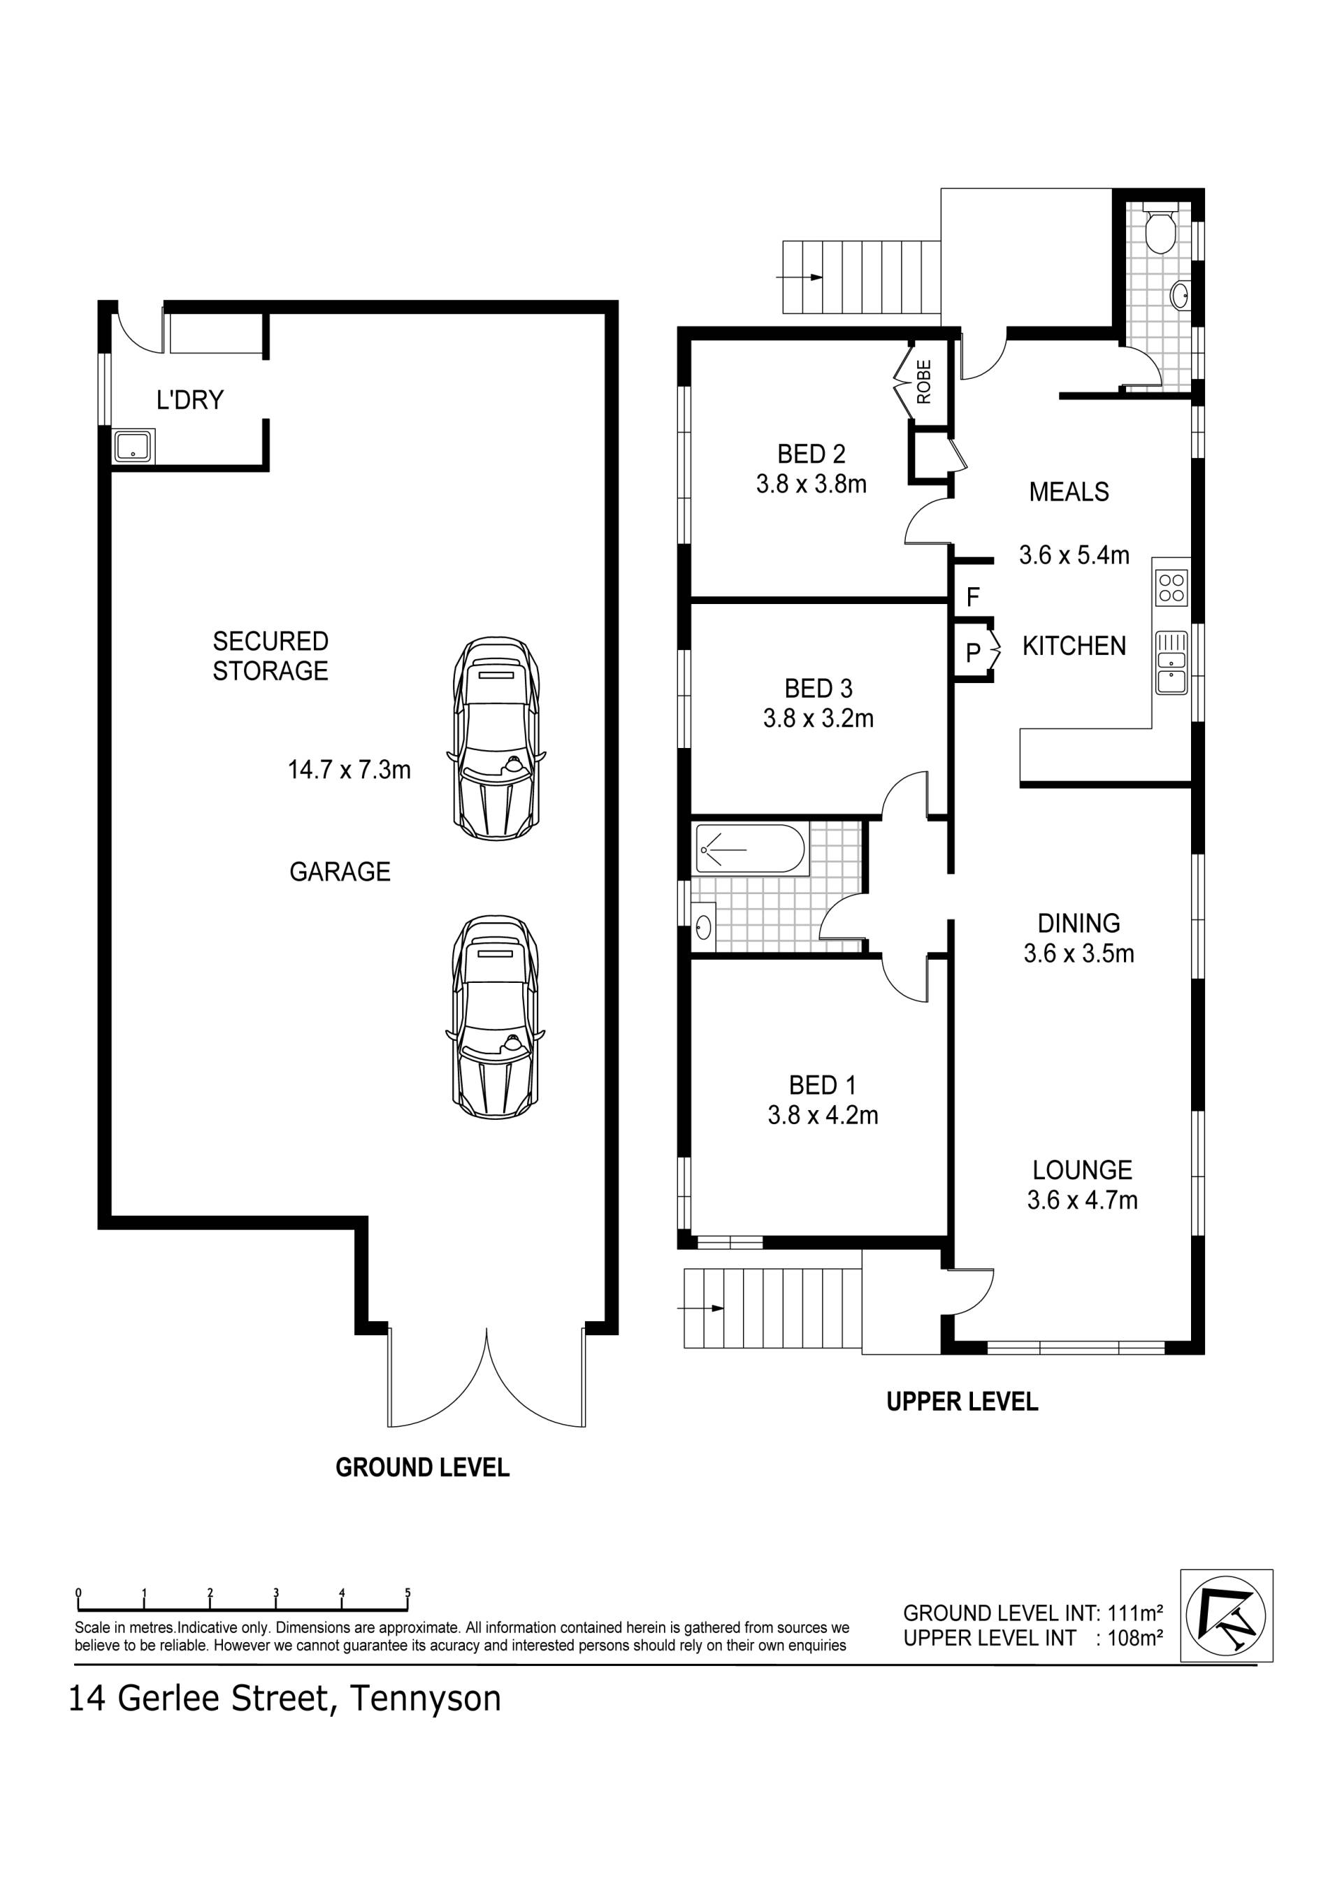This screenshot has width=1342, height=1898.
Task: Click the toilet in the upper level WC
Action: coord(1162,231)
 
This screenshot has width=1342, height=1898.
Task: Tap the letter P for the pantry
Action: coord(974,652)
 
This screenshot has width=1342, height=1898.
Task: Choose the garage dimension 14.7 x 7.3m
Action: coord(349,770)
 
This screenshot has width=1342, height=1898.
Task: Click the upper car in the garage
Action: coord(496,739)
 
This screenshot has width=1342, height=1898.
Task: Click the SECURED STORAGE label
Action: coord(270,656)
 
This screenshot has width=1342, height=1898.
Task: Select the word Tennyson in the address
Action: coord(426,1699)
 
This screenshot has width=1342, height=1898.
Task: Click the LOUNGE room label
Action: coord(1083,1170)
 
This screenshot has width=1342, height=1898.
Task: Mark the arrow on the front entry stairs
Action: coord(701,1308)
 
